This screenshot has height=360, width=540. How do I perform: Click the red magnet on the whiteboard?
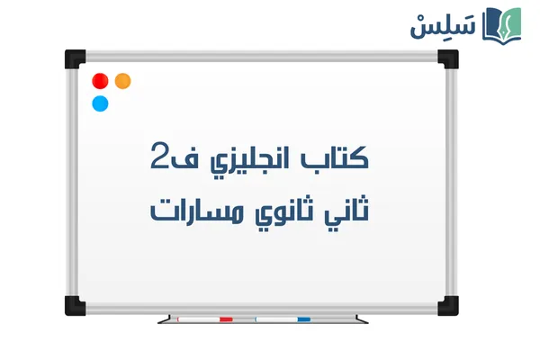pos(102,81)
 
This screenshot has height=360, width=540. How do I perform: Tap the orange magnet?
pos(123,81)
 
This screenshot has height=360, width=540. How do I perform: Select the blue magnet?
pos(100,103)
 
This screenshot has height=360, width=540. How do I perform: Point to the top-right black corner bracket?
pos(446,59)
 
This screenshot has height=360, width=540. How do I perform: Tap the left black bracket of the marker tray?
pos(165,319)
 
